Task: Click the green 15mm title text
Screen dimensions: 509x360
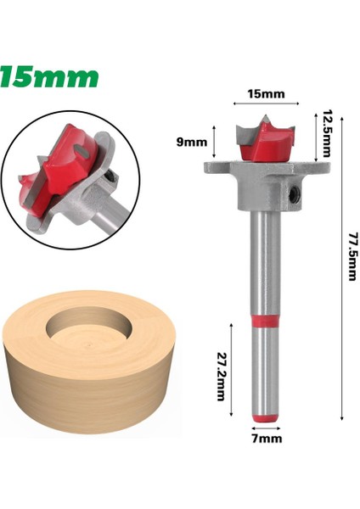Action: (x=49, y=77)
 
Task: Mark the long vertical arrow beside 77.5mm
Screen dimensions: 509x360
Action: (x=340, y=263)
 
